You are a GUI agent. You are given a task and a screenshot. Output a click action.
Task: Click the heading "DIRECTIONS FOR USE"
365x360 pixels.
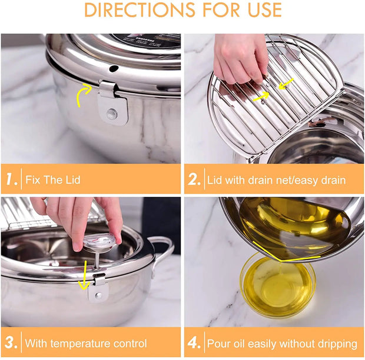pos(182,10)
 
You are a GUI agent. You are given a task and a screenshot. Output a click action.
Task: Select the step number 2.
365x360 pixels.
pos(194,179)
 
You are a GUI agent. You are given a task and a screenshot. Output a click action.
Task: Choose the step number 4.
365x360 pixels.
pos(194,342)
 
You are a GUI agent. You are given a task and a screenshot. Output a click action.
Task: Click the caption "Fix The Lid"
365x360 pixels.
pos(54,179)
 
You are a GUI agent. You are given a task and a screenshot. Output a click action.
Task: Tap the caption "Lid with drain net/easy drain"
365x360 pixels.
pos(276,179)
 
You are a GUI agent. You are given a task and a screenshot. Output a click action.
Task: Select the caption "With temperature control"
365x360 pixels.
pos(86,343)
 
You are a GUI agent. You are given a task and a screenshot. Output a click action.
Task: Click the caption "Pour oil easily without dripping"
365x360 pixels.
pos(282,343)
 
